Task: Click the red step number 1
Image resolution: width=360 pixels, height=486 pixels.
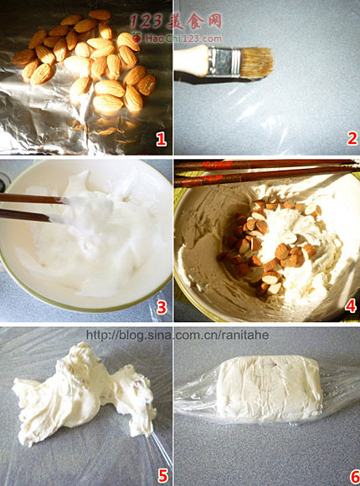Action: (x=161, y=139)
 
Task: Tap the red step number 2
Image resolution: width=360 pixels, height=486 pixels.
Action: (x=352, y=138)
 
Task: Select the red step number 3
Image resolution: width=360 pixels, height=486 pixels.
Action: (x=162, y=307)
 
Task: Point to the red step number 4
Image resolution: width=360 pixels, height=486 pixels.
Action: (x=351, y=305)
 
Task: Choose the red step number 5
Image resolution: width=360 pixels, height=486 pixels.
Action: (x=162, y=475)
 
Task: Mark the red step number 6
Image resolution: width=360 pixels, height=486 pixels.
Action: (x=355, y=477)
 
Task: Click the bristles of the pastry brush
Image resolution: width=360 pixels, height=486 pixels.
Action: (x=257, y=61)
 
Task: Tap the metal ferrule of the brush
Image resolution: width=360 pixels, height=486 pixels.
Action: (x=224, y=61)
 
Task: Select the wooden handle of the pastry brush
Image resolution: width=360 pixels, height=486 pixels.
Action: (x=191, y=61)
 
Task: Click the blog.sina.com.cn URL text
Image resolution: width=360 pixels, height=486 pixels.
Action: (x=177, y=335)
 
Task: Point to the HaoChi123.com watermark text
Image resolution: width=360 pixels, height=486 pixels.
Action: (x=183, y=38)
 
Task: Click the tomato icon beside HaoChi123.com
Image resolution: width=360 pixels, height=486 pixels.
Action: (x=136, y=38)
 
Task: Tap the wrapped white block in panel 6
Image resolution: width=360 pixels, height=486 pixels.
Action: (x=269, y=389)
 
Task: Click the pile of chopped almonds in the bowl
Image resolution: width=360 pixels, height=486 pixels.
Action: (x=269, y=248)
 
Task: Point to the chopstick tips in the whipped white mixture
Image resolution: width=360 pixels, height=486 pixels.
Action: (x=58, y=209)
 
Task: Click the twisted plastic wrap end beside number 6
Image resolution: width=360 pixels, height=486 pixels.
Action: (x=341, y=387)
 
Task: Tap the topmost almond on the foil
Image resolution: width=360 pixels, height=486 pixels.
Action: (x=100, y=14)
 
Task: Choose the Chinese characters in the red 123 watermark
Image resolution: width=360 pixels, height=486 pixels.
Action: (x=194, y=21)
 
